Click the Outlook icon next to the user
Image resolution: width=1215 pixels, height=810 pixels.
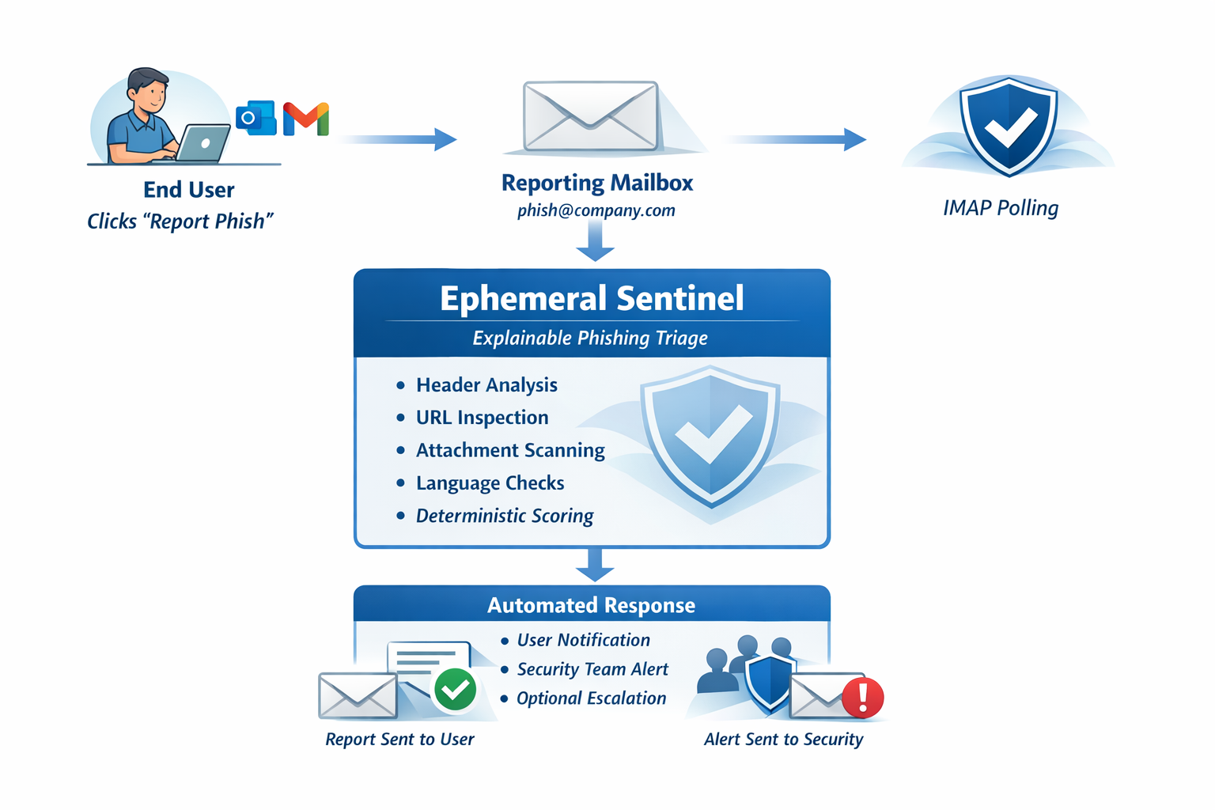(x=255, y=118)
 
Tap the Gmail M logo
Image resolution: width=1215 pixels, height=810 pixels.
(x=306, y=119)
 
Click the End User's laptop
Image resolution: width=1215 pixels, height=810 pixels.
(x=203, y=144)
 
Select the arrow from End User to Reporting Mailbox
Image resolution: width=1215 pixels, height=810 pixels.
(x=400, y=139)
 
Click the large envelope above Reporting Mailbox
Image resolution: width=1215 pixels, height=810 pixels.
(x=591, y=115)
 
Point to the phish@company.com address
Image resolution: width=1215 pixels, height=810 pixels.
(x=596, y=210)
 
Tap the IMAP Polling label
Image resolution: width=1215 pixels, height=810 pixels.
(x=1000, y=208)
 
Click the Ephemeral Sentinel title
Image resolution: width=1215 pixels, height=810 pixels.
(x=592, y=299)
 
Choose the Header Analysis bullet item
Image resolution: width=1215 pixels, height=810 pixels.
(x=486, y=385)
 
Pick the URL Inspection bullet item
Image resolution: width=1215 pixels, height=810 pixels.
(x=482, y=418)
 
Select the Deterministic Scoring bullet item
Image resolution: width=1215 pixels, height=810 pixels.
(x=505, y=516)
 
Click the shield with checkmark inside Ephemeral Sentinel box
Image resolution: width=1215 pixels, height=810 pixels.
(x=710, y=435)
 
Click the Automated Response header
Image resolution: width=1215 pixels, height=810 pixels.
(x=591, y=605)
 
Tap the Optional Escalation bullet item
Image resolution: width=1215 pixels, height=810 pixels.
(x=591, y=698)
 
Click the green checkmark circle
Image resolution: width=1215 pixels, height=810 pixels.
(x=455, y=690)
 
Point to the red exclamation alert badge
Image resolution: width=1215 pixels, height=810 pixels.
(x=862, y=697)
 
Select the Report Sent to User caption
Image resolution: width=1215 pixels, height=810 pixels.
(x=399, y=739)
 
